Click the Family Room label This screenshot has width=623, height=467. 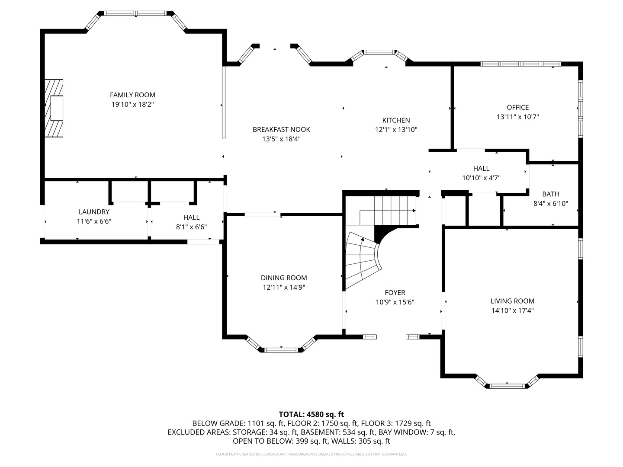[x=132, y=95]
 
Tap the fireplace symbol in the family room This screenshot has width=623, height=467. [x=55, y=108]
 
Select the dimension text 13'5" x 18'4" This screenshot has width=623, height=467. [x=281, y=139]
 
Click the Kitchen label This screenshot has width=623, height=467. [x=396, y=120]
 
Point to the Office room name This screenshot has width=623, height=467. [x=517, y=107]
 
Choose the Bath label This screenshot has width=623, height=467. [x=550, y=194]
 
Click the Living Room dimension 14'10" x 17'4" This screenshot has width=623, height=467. [x=512, y=310]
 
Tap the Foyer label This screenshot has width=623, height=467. [x=395, y=293]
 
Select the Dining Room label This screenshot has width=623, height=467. [x=284, y=278]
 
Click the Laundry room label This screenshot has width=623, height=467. [x=94, y=212]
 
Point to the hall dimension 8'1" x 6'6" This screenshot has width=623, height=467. [x=191, y=227]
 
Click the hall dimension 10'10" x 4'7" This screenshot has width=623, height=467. [x=481, y=177]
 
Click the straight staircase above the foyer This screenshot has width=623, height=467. [x=389, y=210]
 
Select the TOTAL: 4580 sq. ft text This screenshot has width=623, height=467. [x=311, y=414]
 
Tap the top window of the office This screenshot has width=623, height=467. [x=520, y=64]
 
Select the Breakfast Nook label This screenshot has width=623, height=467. [x=281, y=129]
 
